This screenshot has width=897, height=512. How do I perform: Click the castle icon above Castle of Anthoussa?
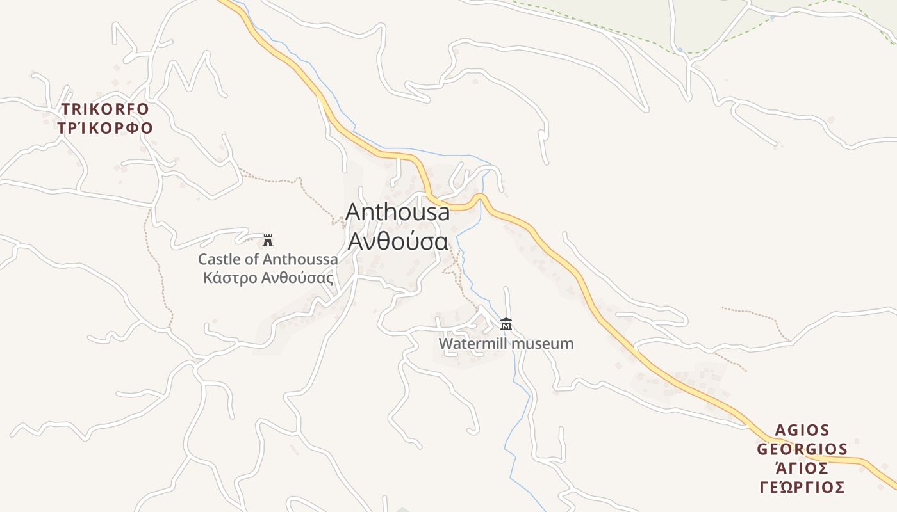(x=268, y=241)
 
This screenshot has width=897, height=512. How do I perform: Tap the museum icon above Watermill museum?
(x=506, y=324)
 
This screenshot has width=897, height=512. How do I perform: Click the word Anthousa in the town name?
(x=398, y=212)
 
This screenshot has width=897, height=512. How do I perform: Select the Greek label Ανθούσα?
(x=397, y=241)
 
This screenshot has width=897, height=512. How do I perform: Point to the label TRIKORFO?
(x=105, y=109)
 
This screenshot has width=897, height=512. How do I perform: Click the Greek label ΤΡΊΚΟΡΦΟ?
(x=105, y=128)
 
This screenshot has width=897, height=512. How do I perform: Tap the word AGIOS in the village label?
(x=802, y=430)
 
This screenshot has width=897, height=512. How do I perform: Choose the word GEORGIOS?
(x=802, y=449)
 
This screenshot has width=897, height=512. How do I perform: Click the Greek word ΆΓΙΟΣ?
(x=802, y=468)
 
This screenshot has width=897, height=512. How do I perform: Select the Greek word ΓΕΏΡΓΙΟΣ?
(x=802, y=488)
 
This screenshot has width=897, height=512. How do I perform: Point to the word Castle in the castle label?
(x=217, y=260)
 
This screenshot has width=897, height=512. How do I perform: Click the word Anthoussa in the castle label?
(x=300, y=260)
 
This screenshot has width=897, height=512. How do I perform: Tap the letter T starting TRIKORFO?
(x=65, y=109)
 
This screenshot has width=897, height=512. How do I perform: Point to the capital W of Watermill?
(x=445, y=344)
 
